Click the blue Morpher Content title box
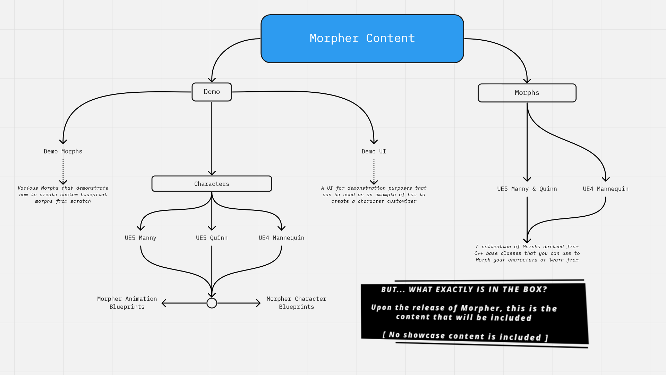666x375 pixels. tap(362, 39)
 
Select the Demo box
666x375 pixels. tap(212, 92)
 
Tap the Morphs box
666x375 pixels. tap(527, 93)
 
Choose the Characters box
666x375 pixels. tap(212, 184)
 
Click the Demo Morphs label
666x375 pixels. tap(63, 151)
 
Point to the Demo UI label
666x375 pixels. tap(374, 151)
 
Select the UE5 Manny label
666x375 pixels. tap(140, 238)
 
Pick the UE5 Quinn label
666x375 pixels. tap(212, 238)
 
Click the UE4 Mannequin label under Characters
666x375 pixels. tap(281, 238)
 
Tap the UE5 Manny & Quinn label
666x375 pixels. tap(527, 189)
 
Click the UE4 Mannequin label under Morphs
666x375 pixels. tap(606, 189)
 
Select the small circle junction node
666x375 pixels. tap(212, 303)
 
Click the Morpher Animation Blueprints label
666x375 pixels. tap(127, 303)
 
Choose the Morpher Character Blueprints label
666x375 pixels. tap(296, 303)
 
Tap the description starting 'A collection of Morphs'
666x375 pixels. tap(527, 253)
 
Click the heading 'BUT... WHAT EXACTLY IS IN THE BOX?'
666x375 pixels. tap(464, 290)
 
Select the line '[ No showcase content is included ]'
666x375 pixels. tap(465, 336)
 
